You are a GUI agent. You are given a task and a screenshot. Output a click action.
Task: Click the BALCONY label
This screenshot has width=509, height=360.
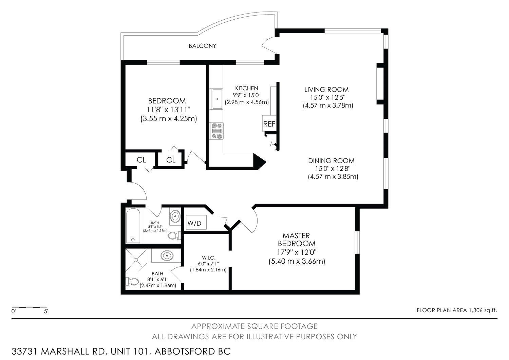203,46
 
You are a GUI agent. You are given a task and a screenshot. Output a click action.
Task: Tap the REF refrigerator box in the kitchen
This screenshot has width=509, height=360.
269,123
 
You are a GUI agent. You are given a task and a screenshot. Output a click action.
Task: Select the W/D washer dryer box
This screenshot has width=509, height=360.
195,222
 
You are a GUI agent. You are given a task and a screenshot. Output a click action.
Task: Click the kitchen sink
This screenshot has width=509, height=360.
217,99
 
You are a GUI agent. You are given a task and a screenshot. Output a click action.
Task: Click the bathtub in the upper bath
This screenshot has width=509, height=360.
133,226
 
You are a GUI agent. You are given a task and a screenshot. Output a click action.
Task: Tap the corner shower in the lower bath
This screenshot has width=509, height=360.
136,260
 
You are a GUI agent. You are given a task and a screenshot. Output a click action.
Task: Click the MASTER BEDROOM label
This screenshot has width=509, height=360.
297,240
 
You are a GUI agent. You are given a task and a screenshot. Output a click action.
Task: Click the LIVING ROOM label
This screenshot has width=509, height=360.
326,90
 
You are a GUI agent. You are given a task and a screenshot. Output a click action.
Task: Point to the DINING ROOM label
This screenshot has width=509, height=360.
331,161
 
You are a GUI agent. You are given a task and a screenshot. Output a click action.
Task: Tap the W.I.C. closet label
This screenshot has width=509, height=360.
209,258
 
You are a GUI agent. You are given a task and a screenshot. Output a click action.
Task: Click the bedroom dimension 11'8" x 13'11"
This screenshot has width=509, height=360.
169,110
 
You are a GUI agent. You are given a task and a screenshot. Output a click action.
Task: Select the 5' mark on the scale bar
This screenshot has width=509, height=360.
46,311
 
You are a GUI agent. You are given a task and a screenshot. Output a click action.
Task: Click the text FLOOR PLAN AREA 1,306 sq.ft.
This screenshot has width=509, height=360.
457,310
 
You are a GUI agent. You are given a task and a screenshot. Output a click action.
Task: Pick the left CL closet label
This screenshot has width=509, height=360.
142,160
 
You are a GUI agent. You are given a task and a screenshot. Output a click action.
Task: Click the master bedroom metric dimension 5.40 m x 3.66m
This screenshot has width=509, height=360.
297,261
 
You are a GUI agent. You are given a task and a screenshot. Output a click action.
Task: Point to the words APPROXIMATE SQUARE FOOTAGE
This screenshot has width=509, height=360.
254,326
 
